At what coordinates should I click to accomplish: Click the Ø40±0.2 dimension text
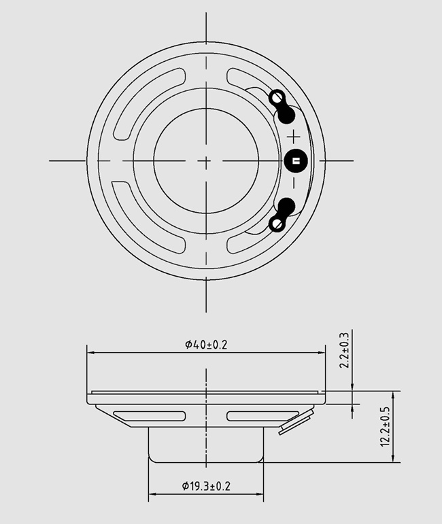206,345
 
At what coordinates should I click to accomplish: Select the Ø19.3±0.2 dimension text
206,486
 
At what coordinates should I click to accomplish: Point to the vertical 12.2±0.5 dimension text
386,426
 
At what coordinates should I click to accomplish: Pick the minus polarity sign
294,183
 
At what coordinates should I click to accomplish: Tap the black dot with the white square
296,160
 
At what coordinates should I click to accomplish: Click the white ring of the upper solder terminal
277,97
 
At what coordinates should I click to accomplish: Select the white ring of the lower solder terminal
277,224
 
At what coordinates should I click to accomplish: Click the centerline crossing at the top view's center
206,160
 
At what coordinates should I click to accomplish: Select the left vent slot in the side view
149,415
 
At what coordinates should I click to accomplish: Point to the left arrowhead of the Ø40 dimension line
90,353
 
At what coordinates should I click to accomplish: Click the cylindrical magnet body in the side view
206,445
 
